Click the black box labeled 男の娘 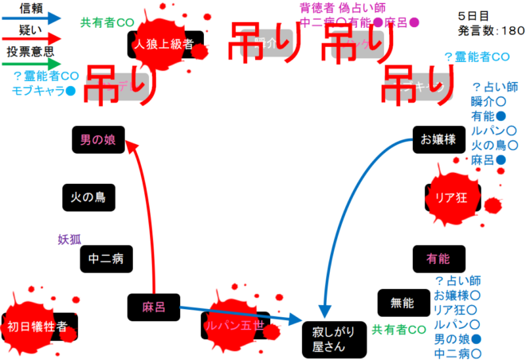(x=97, y=139)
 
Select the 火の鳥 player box (x=88, y=196)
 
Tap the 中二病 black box (x=106, y=258)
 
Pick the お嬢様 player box (x=438, y=140)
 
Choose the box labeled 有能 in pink (x=438, y=259)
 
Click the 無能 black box (x=402, y=303)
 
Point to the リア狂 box (x=451, y=196)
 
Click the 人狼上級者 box (x=166, y=45)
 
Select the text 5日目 (x=473, y=16)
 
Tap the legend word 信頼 (x=31, y=7)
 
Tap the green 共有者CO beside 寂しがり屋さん (x=399, y=330)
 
